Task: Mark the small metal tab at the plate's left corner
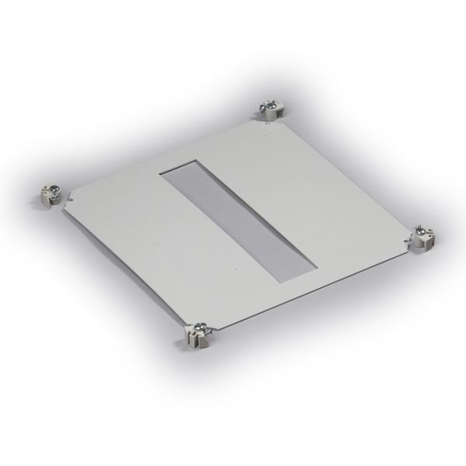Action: point(69,196)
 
